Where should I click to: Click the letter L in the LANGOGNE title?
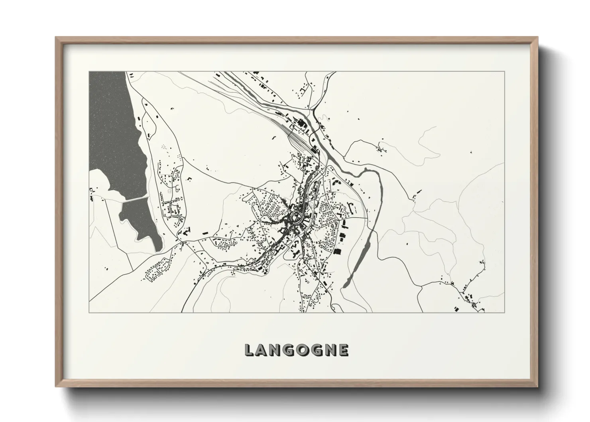[x=249, y=350]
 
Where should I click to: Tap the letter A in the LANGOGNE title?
[x=263, y=350]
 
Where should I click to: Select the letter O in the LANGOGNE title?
[x=304, y=350]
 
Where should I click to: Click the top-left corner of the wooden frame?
[x=57, y=38]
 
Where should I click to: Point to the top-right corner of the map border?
[x=505, y=71]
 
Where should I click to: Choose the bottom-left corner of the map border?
[x=89, y=312]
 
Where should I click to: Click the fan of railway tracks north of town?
[x=297, y=138]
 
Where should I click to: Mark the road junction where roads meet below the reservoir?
[x=183, y=242]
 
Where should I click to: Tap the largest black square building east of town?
[x=338, y=251]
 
